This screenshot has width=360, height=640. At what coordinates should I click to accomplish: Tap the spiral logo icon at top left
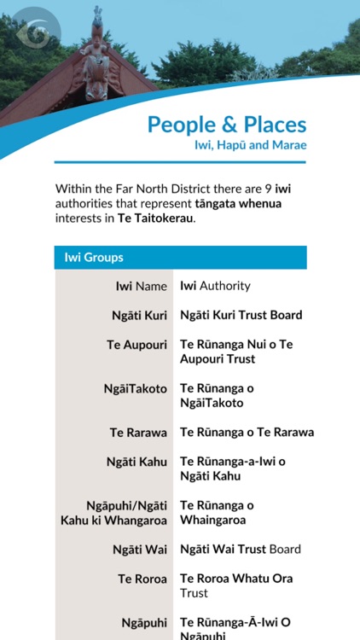click(32, 33)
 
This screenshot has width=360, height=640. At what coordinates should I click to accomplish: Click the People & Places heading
click(226, 125)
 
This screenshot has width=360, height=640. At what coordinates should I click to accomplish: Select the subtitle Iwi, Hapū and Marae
click(250, 145)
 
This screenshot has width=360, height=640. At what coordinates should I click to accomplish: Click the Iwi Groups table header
click(94, 257)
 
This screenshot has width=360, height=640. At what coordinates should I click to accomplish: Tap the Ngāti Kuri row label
click(139, 315)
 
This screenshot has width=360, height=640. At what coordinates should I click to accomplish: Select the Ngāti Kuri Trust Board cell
click(241, 315)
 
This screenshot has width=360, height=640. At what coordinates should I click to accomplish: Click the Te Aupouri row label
click(136, 344)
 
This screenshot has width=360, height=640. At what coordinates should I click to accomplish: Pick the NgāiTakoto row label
click(135, 388)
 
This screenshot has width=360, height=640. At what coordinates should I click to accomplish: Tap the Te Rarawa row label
click(138, 433)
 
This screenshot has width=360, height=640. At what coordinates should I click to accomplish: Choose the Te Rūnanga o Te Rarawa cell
click(247, 433)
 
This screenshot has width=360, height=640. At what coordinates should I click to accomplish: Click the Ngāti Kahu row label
click(136, 462)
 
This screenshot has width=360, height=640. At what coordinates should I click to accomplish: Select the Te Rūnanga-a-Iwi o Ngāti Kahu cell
click(232, 468)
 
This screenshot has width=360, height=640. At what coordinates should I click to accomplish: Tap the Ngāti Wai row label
click(140, 550)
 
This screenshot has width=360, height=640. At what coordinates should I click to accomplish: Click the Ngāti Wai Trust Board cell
click(241, 550)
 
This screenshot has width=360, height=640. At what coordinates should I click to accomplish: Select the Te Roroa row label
click(142, 579)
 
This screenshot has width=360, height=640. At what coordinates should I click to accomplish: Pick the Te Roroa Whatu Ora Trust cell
click(235, 585)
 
